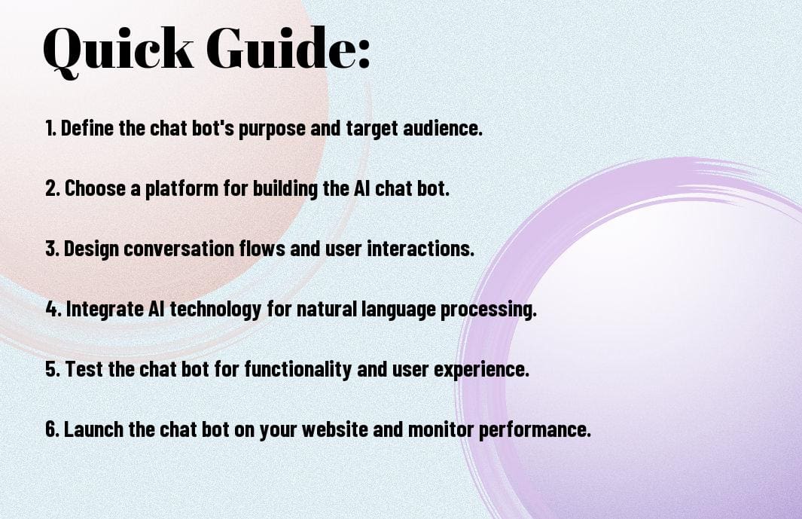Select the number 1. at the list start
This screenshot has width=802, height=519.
click(50, 129)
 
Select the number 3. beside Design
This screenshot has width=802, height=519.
click(52, 249)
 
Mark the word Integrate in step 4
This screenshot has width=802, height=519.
click(104, 310)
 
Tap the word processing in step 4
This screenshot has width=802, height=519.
click(491, 310)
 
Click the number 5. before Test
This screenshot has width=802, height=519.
click(52, 370)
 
